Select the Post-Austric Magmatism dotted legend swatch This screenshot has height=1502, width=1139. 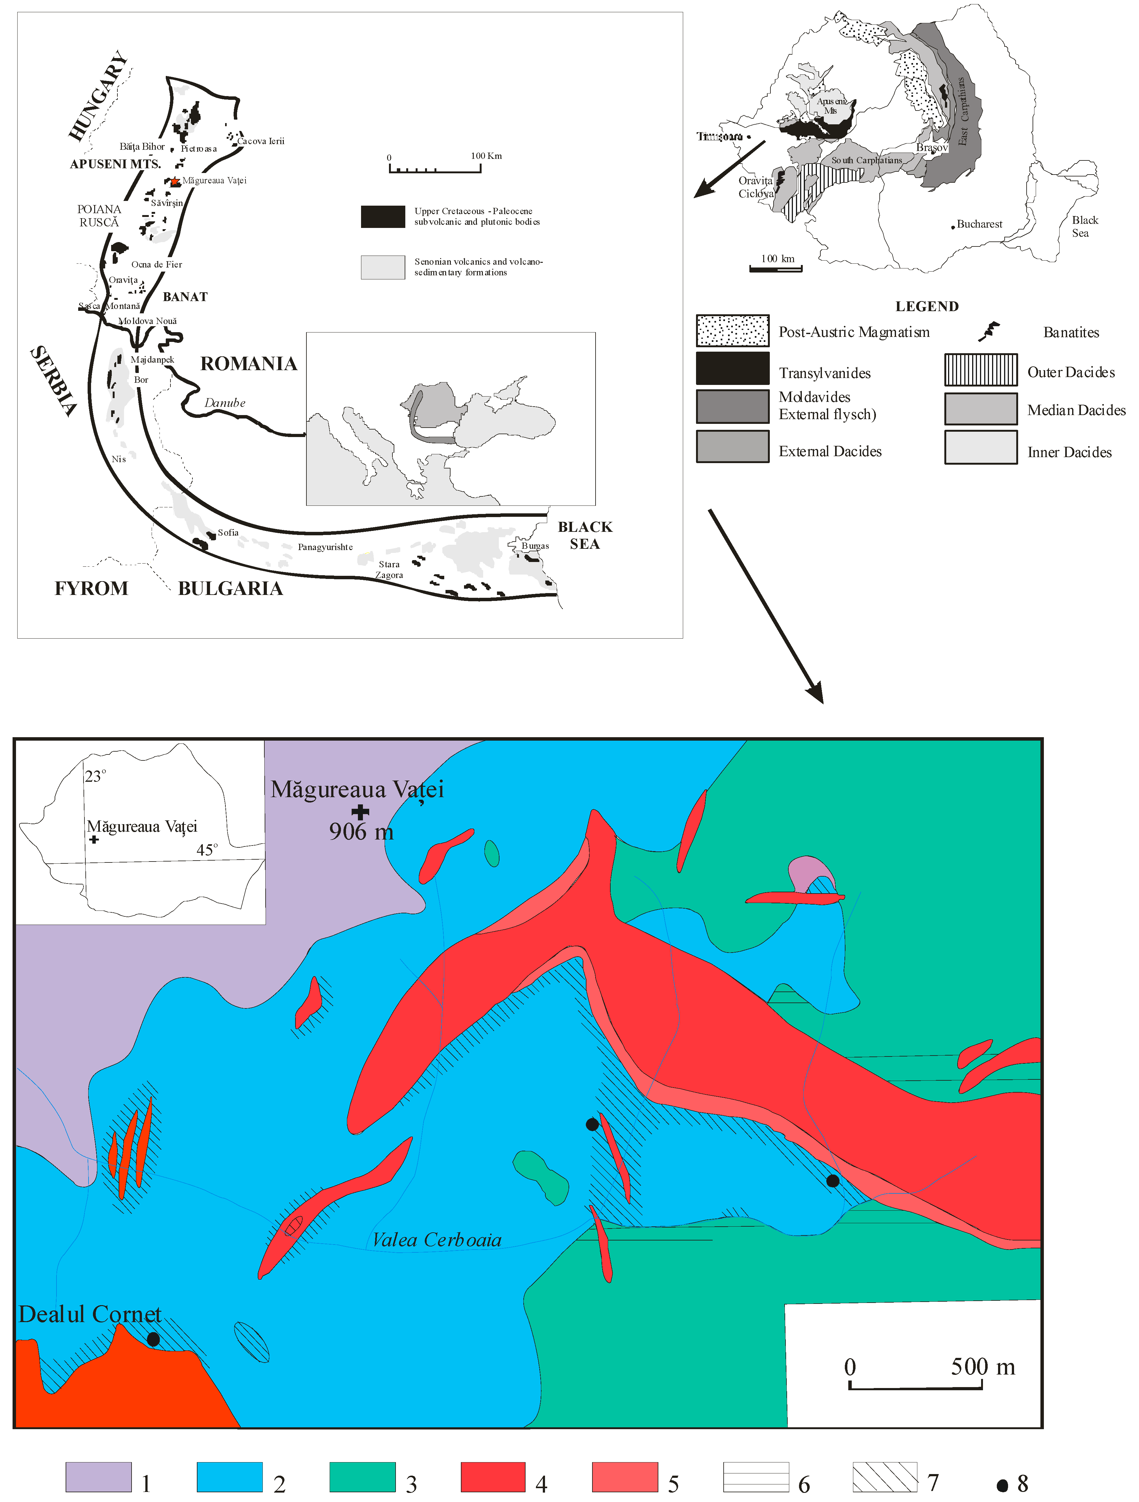click(732, 331)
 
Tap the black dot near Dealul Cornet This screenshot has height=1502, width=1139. click(154, 1339)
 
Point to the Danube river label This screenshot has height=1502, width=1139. click(225, 403)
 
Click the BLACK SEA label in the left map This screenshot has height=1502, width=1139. click(585, 535)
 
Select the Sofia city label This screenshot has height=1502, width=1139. click(228, 532)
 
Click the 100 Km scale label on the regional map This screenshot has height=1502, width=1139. click(486, 155)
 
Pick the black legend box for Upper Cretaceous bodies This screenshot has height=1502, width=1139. click(382, 216)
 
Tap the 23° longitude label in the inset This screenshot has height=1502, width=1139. click(95, 776)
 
